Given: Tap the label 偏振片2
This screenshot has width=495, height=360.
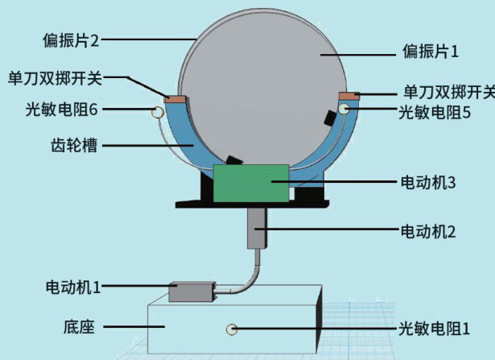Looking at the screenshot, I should pyautogui.click(x=73, y=38).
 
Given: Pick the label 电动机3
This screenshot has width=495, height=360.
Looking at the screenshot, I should pyautogui.click(x=428, y=183).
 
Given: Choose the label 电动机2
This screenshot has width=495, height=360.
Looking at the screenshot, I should pyautogui.click(x=428, y=231).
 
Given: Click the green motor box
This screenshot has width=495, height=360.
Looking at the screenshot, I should pyautogui.click(x=250, y=183).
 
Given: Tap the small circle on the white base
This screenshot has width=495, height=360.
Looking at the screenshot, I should pyautogui.click(x=233, y=329).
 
